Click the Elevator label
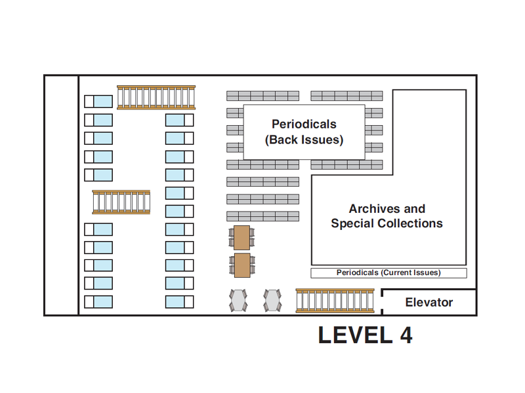tap(429, 303)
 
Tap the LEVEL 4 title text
tap(365, 335)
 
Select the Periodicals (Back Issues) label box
tap(304, 132)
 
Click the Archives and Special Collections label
tap(387, 216)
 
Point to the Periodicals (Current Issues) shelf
tap(388, 272)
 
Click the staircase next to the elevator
tap(335, 301)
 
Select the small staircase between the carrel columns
tap(121, 202)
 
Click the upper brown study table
tap(242, 236)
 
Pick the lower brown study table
tap(242, 265)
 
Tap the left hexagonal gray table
tap(238, 301)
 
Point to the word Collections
tap(412, 223)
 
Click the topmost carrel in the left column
tap(98, 102)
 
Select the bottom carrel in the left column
tap(98, 301)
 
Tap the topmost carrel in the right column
tap(179, 120)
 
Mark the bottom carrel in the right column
tap(179, 301)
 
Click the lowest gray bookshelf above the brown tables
tap(262, 216)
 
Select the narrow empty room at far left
tap(61, 195)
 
